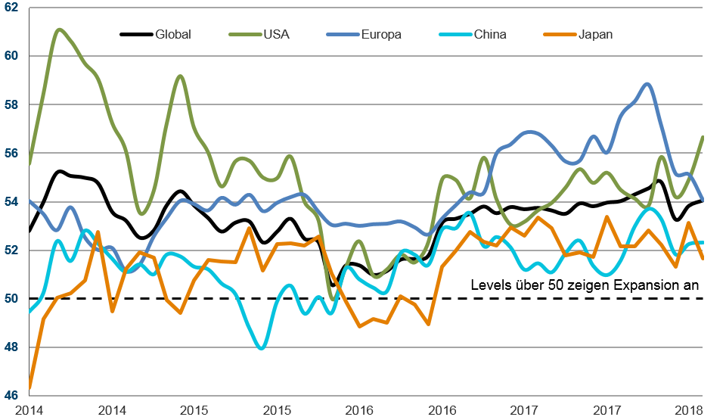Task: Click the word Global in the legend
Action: click(x=173, y=34)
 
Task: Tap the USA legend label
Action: click(x=276, y=34)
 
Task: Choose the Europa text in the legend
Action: click(x=383, y=34)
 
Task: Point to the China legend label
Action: click(x=490, y=34)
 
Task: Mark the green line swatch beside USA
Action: click(x=243, y=34)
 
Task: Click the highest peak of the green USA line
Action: click(x=59, y=30)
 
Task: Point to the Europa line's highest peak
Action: click(x=648, y=84)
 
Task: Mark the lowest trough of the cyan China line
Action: click(x=262, y=348)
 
